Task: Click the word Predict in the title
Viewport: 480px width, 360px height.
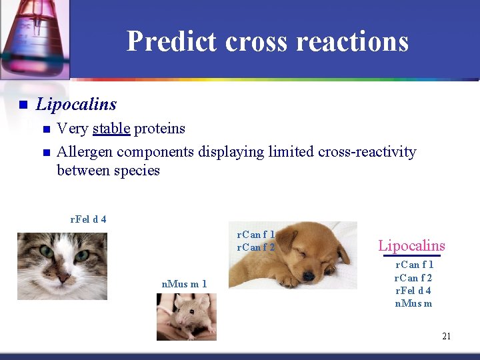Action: [x=171, y=41]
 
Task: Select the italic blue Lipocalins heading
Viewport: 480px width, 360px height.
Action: [x=76, y=105]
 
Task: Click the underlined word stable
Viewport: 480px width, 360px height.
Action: [x=111, y=129]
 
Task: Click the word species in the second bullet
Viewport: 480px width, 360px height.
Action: [x=137, y=171]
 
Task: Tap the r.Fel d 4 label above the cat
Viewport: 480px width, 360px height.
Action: [x=88, y=219]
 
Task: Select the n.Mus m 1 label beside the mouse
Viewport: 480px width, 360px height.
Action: [x=184, y=285]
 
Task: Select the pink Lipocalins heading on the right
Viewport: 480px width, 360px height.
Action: [x=411, y=245]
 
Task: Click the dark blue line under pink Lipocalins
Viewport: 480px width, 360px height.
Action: [x=411, y=255]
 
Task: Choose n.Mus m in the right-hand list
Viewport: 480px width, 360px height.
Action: [x=413, y=303]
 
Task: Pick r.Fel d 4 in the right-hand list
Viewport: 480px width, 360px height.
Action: [x=413, y=291]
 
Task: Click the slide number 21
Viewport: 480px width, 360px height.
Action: [x=446, y=336]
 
